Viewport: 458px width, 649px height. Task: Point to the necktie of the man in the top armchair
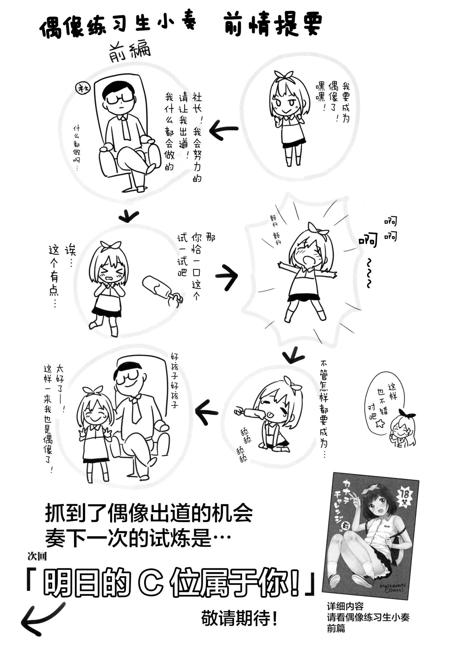pyautogui.click(x=126, y=127)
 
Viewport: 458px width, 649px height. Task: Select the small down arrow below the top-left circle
pyautogui.click(x=128, y=215)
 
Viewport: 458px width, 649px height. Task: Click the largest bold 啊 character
pyautogui.click(x=368, y=241)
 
